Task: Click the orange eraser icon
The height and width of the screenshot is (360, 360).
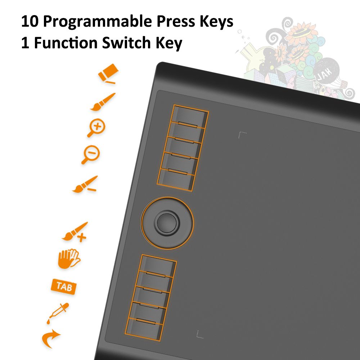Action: tap(108, 73)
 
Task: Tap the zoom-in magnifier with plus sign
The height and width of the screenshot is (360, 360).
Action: tap(96, 128)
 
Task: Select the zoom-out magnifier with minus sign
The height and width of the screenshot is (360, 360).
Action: tap(91, 154)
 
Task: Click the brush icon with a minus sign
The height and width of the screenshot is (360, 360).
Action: tap(85, 184)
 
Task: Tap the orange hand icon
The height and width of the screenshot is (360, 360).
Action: tap(69, 258)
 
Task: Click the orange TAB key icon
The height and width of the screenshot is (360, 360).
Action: tap(64, 287)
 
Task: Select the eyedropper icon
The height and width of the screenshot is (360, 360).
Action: tap(58, 313)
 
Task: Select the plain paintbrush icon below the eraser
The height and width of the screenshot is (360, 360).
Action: tap(103, 102)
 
